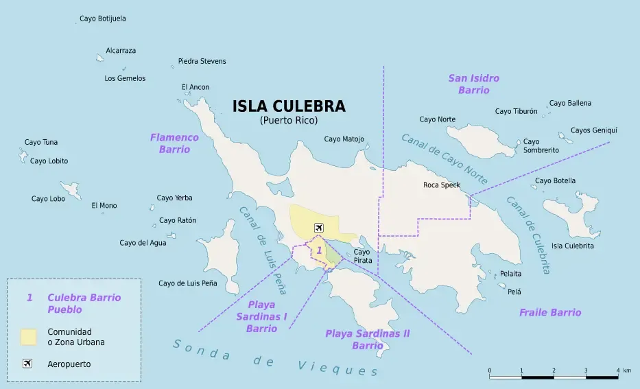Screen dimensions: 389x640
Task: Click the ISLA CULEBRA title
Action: coord(289,106)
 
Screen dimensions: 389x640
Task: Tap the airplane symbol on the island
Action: coord(318,228)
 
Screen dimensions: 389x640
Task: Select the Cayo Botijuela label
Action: coord(103,19)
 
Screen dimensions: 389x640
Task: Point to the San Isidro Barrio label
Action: coord(473,84)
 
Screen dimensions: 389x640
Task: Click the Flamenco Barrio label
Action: coord(174,143)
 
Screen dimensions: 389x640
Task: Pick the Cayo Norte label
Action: coord(437,119)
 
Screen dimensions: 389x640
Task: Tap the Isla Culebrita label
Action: coord(573,246)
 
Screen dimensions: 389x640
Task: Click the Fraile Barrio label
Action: coord(549,312)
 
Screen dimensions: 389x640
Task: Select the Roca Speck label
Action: coord(442,185)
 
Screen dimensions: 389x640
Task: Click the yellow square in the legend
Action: coord(28,337)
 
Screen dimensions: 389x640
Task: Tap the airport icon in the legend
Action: coord(27,364)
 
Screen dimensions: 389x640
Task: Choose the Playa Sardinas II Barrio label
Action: coord(367,339)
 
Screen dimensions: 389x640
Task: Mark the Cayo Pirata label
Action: coord(362,256)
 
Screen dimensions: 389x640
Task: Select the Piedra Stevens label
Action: coord(202,61)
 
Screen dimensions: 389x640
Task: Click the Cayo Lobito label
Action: coord(49,161)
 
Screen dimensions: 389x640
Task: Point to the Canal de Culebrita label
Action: coord(528,235)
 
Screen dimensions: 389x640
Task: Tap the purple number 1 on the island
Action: coord(319,251)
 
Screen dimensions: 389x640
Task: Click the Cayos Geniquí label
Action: coord(594,130)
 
